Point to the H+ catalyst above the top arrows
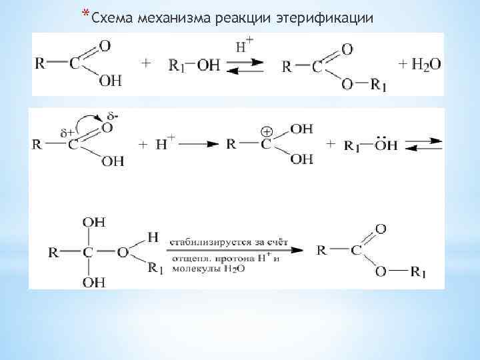tap(244, 47)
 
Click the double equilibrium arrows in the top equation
tap(246, 66)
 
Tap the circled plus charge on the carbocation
tap(267, 130)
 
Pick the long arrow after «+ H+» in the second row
tap(199, 143)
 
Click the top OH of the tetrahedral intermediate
tap(93, 222)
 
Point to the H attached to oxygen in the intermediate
tap(153, 236)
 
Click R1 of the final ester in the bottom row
tap(418, 273)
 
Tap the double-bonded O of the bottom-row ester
tap(380, 229)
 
